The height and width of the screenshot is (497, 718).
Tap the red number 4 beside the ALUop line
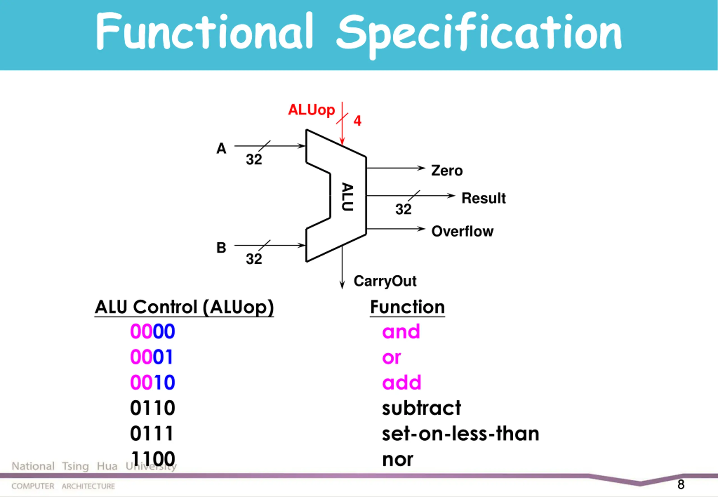click(x=357, y=121)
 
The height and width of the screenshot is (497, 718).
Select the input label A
click(x=221, y=149)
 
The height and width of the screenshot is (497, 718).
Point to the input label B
click(x=221, y=248)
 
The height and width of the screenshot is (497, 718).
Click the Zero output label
click(x=447, y=171)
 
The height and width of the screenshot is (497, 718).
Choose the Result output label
click(x=484, y=198)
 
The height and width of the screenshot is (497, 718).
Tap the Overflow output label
click(x=462, y=231)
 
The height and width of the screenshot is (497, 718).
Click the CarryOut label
click(x=385, y=281)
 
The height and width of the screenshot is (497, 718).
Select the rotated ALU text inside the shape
click(x=348, y=197)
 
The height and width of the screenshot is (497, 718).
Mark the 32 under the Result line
click(x=404, y=209)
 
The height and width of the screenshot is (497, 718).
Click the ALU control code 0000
click(x=153, y=331)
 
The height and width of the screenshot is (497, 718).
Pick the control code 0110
click(x=153, y=408)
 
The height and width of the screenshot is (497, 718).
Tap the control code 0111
click(x=152, y=434)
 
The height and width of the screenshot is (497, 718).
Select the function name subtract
click(x=421, y=408)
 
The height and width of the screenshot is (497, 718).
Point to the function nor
click(x=398, y=460)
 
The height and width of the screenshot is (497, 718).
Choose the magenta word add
click(x=402, y=382)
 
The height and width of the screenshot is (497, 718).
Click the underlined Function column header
click(x=408, y=307)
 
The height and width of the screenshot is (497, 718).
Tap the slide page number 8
click(x=681, y=485)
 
